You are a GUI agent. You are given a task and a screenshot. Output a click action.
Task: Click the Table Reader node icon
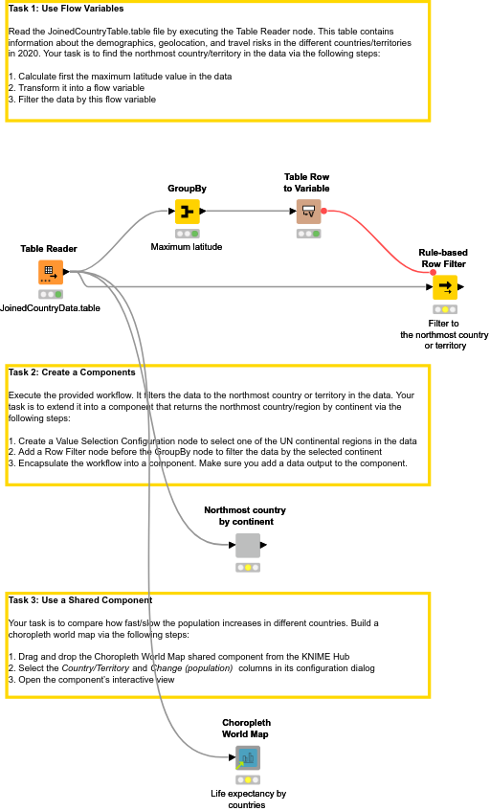(50, 273)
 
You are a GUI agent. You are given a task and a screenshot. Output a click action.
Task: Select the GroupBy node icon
(188, 211)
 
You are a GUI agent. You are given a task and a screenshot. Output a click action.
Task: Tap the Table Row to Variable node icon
(308, 211)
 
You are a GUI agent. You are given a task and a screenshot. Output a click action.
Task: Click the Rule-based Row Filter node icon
(444, 287)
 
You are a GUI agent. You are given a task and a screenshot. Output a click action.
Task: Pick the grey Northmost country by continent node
(248, 546)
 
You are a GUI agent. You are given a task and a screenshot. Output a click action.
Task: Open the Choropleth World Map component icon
(248, 758)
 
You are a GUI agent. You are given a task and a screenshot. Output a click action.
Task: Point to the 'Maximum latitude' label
(187, 247)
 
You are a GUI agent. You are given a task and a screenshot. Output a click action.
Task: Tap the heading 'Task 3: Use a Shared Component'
(79, 600)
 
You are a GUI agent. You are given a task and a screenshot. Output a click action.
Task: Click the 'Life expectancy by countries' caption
(248, 800)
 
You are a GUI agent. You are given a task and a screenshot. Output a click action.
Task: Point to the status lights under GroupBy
(188, 234)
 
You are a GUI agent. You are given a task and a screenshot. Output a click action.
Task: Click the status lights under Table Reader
(50, 295)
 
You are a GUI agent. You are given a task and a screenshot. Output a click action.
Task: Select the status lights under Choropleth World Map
(248, 779)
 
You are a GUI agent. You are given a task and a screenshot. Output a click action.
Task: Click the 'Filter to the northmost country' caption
(444, 334)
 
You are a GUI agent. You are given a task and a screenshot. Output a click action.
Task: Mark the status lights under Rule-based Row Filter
(444, 310)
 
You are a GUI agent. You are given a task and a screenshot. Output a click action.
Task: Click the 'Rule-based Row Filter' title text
(443, 257)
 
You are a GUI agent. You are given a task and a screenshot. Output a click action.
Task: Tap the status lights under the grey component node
(248, 568)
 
